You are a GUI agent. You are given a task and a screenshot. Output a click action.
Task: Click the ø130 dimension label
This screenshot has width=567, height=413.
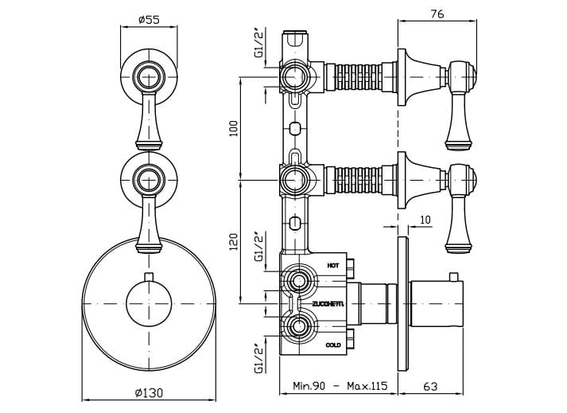tap(148, 392)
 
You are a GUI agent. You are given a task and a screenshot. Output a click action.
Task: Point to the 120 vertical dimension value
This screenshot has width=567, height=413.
tap(234, 242)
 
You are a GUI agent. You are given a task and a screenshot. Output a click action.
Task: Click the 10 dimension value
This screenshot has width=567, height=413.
tap(425, 220)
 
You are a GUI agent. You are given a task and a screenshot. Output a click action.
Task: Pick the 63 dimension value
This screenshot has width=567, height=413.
tap(430, 386)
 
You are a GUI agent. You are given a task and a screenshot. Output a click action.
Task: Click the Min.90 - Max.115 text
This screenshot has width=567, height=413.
tap(340, 386)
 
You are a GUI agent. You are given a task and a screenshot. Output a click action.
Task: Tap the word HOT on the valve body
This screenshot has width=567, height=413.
tap(333, 265)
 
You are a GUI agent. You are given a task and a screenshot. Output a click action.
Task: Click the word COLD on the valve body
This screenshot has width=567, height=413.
tap(334, 345)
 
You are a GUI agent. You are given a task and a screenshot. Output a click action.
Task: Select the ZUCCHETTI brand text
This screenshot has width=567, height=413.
tap(328, 304)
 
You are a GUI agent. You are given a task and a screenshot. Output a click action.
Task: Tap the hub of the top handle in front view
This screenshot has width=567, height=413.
tap(148, 77)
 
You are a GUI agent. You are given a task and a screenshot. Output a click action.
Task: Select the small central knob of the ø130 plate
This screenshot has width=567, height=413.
tap(148, 303)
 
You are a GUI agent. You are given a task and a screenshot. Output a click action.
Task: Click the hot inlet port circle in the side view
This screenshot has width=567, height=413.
tap(298, 282)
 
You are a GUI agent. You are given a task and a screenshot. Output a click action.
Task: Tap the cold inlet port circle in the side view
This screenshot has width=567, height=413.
tap(298, 326)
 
